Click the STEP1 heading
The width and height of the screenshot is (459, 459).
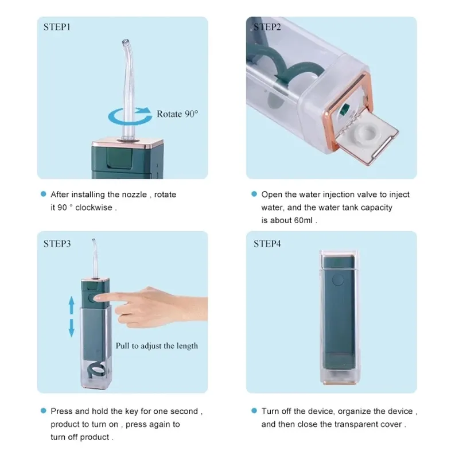tap(57, 27)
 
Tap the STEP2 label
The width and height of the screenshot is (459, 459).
tap(267, 27)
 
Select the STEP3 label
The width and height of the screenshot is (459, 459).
tap(57, 243)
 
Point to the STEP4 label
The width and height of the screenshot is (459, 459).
tap(267, 243)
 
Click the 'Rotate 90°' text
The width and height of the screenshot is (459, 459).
tap(177, 114)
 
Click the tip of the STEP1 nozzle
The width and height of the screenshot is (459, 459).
tap(126, 41)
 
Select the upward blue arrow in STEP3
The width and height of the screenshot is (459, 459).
tap(71, 305)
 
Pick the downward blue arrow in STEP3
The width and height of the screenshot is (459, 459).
tap(71, 328)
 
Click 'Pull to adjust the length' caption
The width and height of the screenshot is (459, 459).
tap(157, 346)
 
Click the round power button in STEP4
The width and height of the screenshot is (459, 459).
tap(338, 279)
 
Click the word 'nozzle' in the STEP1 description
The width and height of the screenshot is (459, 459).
tap(134, 195)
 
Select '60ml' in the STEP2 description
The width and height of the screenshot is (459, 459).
tap(303, 220)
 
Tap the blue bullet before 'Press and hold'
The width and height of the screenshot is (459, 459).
tap(44, 410)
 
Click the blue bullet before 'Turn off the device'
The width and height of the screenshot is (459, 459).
tap(254, 410)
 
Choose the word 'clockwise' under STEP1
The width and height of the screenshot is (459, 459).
tap(94, 207)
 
